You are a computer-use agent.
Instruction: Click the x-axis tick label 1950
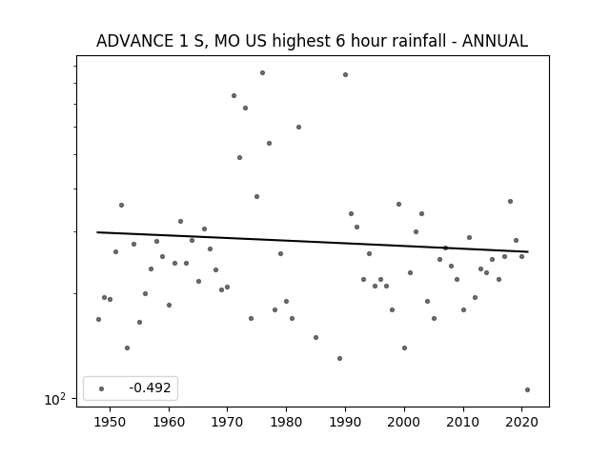pos(111,422)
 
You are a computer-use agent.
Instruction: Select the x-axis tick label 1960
pos(169,422)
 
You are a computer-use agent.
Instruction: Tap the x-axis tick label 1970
pos(228,422)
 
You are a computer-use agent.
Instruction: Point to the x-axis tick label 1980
pos(286,422)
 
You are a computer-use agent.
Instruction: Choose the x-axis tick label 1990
pos(345,422)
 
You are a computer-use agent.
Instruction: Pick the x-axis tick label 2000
pos(404,422)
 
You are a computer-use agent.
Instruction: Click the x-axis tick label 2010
pos(463,422)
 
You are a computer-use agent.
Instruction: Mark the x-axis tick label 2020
pos(521,422)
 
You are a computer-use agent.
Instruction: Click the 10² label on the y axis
pos(55,399)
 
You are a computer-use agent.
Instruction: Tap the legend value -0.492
pos(150,387)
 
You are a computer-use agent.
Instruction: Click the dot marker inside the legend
pos(102,388)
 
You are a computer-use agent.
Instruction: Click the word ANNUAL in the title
pos(495,41)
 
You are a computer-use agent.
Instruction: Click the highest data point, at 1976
pos(263,72)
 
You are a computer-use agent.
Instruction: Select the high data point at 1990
pos(345,74)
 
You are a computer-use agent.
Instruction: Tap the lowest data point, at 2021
pos(527,389)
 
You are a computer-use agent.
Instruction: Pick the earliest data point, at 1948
pos(98,320)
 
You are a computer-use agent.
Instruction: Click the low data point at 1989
pos(339,358)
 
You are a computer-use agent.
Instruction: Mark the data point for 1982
pos(298,127)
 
